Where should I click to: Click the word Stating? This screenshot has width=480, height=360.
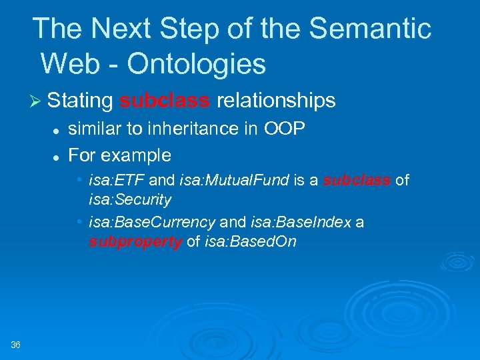(x=80, y=101)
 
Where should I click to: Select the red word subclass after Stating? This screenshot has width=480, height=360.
(x=165, y=101)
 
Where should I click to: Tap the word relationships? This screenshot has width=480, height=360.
(x=276, y=101)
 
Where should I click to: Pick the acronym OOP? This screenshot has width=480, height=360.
(x=285, y=129)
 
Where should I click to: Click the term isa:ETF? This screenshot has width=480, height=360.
(x=117, y=181)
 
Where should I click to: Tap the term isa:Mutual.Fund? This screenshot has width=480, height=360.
(x=233, y=181)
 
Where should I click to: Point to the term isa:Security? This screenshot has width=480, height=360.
(x=130, y=199)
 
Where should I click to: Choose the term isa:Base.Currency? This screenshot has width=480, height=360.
(x=153, y=222)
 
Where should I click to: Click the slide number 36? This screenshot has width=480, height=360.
(x=16, y=344)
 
